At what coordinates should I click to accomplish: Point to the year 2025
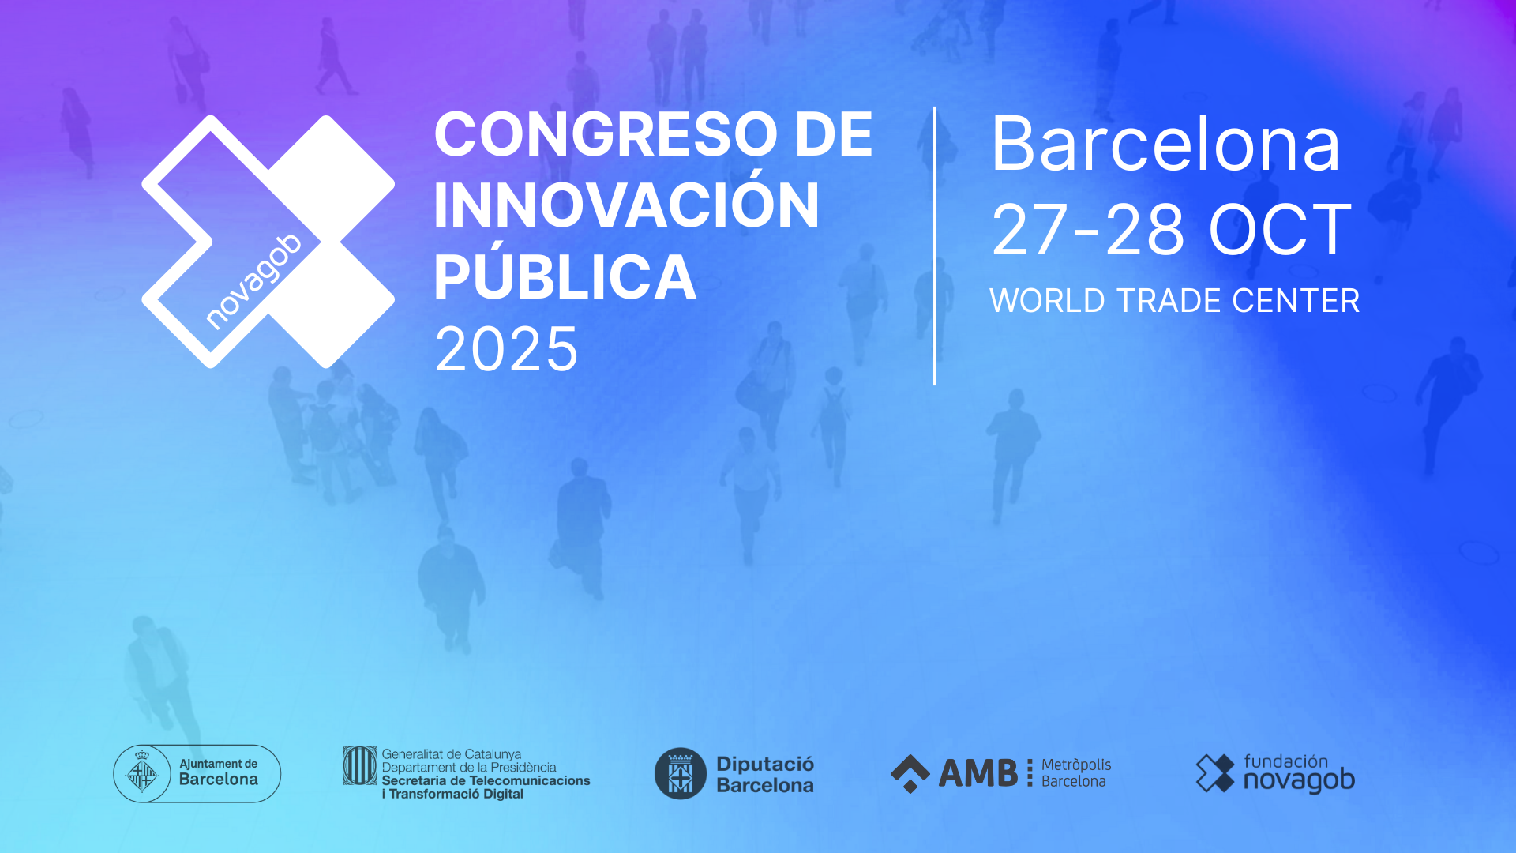pyautogui.click(x=506, y=349)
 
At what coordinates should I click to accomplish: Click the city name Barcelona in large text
pyautogui.click(x=1165, y=144)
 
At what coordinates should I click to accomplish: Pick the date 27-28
pyautogui.click(x=1088, y=229)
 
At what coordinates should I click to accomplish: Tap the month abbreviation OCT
pyautogui.click(x=1280, y=229)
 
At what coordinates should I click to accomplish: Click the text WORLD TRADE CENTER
pyautogui.click(x=1174, y=301)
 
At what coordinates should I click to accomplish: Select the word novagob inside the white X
pyautogui.click(x=253, y=280)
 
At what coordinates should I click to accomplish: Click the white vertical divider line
pyautogui.click(x=934, y=246)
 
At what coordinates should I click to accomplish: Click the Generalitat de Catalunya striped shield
pyautogui.click(x=359, y=765)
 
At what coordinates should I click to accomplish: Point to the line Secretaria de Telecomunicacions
pyautogui.click(x=486, y=780)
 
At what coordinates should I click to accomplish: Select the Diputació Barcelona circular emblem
pyautogui.click(x=680, y=773)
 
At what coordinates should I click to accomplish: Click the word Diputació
pyautogui.click(x=764, y=765)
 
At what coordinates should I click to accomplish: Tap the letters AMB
pyautogui.click(x=978, y=773)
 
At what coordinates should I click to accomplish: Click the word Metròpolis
pyautogui.click(x=1076, y=765)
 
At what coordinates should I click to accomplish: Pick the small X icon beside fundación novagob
pyautogui.click(x=1215, y=773)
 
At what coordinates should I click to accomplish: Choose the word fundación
pyautogui.click(x=1285, y=761)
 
